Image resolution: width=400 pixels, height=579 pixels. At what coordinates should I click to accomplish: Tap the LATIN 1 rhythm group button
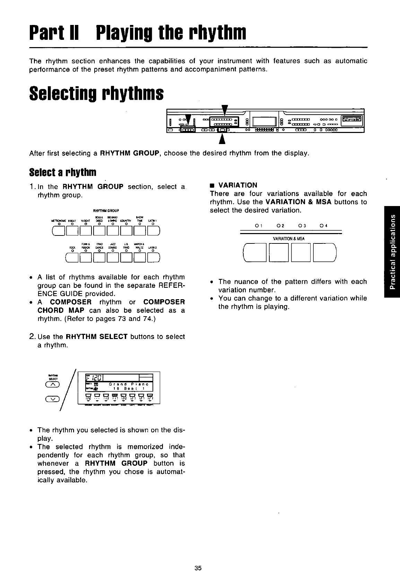pyautogui.click(x=153, y=230)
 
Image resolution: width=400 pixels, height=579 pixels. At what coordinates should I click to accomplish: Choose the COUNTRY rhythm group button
pyautogui.click(x=126, y=230)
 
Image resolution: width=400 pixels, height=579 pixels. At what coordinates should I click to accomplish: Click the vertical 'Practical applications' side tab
pyautogui.click(x=392, y=251)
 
